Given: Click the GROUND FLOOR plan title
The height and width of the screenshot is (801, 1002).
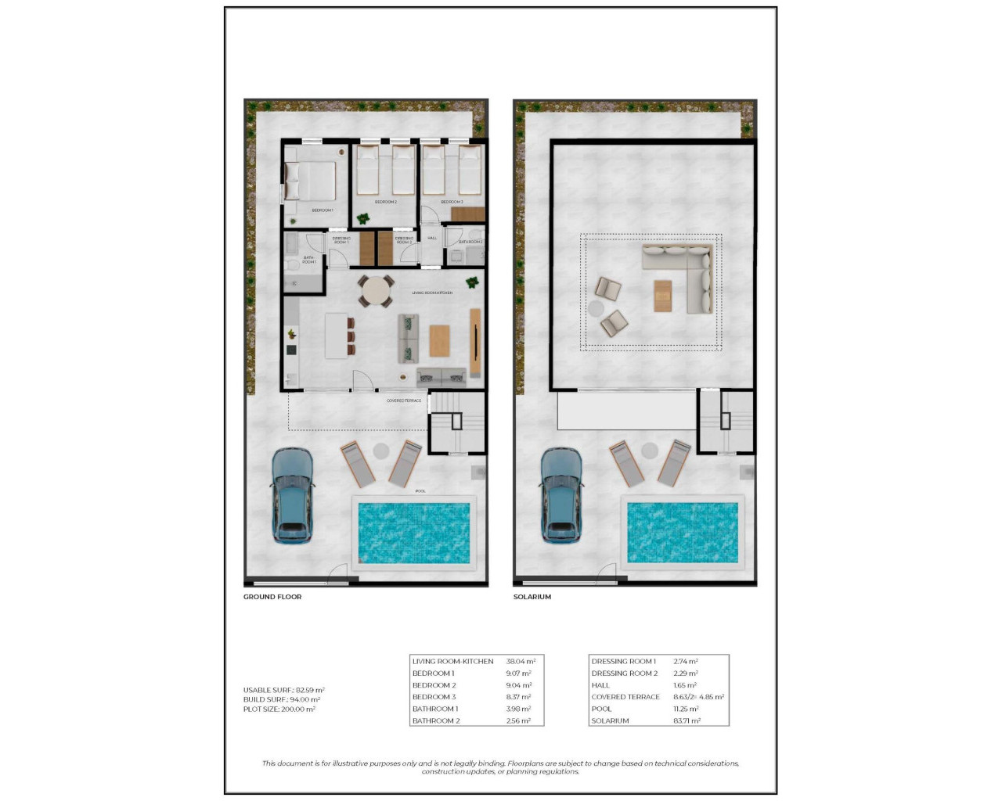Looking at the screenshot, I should (x=272, y=597).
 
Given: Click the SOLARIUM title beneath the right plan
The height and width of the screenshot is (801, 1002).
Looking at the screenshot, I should (x=532, y=597).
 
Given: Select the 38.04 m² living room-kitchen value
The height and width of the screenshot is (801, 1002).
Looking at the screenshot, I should (x=521, y=661).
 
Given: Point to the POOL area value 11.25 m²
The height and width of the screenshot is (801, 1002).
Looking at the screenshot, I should (x=686, y=709).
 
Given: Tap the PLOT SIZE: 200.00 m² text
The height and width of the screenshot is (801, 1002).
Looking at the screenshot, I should (x=279, y=709).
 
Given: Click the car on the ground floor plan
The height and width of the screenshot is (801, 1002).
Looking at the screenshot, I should (x=292, y=495).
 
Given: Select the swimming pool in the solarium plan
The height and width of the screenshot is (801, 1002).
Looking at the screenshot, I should (x=683, y=532).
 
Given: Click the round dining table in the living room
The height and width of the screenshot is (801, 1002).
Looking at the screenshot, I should (x=377, y=292).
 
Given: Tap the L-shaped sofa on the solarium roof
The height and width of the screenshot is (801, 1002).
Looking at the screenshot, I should (x=687, y=274).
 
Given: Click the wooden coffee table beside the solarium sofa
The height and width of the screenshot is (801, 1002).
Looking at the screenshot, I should (x=663, y=296).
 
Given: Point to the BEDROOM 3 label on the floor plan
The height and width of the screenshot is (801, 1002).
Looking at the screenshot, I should (x=452, y=202).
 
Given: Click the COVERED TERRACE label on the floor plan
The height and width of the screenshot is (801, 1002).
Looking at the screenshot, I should (x=404, y=400).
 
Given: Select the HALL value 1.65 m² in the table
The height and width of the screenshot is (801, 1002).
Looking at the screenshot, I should (x=685, y=685).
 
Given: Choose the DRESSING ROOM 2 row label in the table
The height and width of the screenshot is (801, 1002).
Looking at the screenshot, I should (x=625, y=673).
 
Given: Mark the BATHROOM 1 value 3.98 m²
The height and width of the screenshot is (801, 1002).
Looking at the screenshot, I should (x=518, y=709).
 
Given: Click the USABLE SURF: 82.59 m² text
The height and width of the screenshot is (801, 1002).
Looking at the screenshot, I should (x=283, y=690).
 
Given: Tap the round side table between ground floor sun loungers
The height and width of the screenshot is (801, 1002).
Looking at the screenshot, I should (x=381, y=451).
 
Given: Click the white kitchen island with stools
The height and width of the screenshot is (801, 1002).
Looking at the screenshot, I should (x=337, y=336).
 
